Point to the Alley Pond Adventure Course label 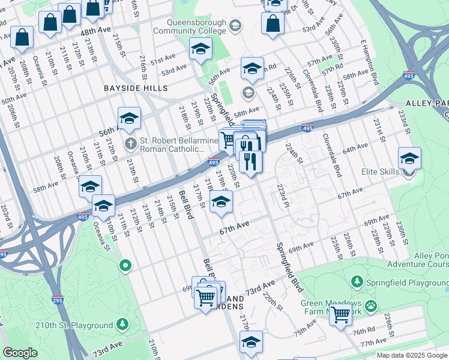click(417, 259)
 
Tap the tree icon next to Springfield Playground click(357, 281)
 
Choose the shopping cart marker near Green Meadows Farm click(341, 313)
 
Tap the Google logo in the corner click(20, 353)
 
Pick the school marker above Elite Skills click(409, 158)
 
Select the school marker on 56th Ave click(129, 118)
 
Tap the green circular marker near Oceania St click(125, 265)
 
